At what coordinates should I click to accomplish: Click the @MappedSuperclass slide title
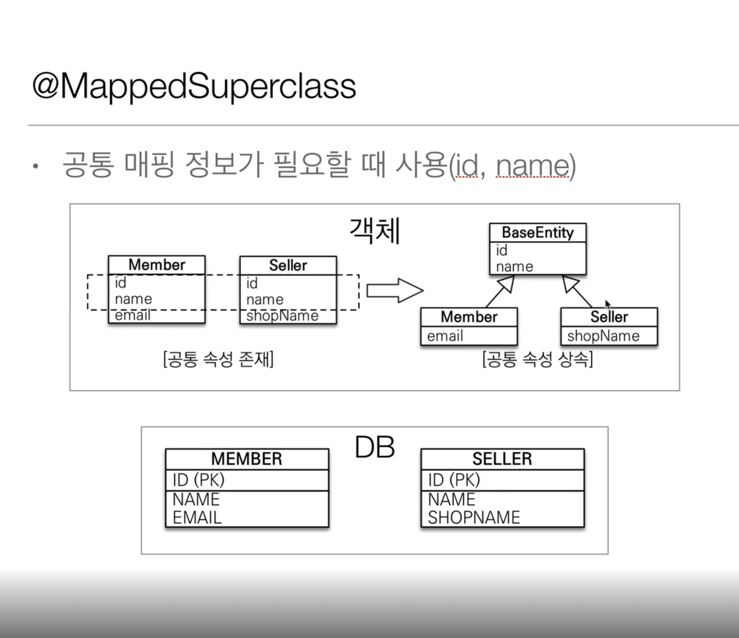tap(194, 86)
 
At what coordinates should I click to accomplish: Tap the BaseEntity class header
tap(538, 233)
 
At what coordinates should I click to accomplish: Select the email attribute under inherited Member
tap(445, 336)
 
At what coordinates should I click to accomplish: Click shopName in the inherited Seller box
tap(603, 336)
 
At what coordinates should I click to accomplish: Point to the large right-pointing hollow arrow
tap(395, 291)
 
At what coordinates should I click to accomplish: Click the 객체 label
tap(375, 231)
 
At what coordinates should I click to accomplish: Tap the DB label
tap(375, 448)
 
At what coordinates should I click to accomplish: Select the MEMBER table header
tap(247, 459)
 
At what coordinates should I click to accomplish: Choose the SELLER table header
tap(502, 459)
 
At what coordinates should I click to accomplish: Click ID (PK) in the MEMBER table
tap(198, 480)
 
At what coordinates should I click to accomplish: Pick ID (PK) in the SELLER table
tap(454, 480)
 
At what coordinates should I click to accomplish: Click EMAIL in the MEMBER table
tap(197, 518)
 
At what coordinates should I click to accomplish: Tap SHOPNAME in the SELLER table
tap(474, 518)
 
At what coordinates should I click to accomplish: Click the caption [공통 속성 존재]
tap(218, 360)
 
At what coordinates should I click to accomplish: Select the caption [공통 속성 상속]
tap(538, 360)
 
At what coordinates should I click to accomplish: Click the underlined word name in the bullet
tap(532, 166)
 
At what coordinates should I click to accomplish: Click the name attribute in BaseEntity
tap(515, 267)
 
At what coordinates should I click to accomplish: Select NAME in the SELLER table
tap(451, 499)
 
